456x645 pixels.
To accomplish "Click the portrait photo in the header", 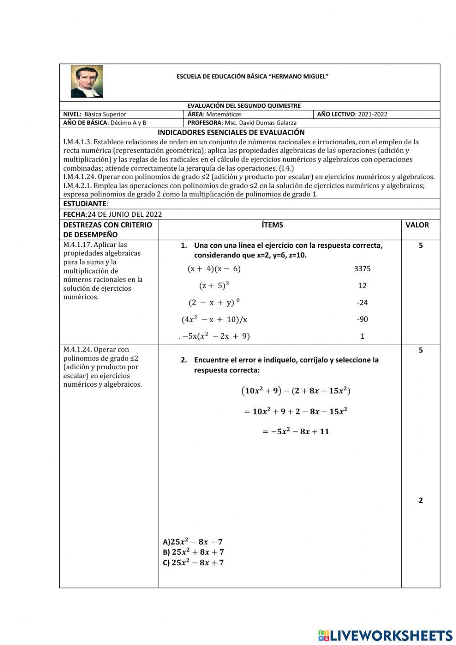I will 87,81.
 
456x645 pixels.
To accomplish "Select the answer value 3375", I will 362,269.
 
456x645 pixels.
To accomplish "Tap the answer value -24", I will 362,303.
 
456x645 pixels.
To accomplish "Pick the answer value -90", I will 362,320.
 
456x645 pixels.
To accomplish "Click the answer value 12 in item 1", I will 362,286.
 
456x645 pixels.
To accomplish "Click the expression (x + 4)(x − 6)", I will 214,269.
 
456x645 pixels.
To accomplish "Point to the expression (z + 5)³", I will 214,286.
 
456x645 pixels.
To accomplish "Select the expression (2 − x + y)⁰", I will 214,303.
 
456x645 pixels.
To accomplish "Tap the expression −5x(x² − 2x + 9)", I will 216,336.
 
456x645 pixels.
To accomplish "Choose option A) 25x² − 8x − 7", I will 192,542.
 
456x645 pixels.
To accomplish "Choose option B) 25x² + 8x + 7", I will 193,552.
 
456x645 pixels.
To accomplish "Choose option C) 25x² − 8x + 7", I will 193,563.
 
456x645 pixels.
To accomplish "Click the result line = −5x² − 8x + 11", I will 295,431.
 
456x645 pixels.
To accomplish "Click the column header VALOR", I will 417,225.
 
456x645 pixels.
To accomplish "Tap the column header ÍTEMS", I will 272,225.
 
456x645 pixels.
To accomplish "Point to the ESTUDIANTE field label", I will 85,204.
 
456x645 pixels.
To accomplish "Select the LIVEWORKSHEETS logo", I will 385,635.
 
